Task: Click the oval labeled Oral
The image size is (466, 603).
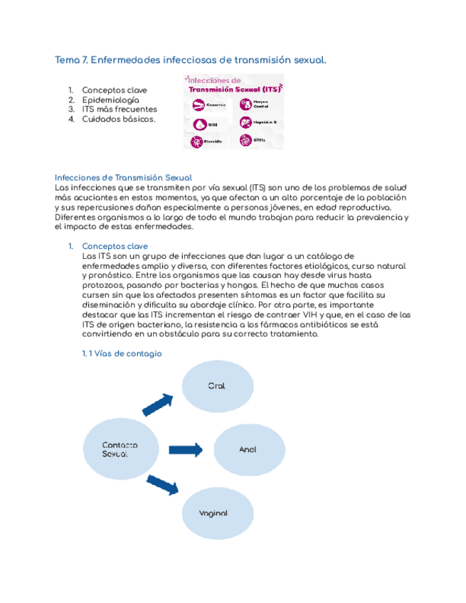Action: pyautogui.click(x=216, y=386)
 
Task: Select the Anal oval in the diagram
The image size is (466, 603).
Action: pyautogui.click(x=247, y=449)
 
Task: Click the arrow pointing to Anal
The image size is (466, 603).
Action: pyautogui.click(x=187, y=449)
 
